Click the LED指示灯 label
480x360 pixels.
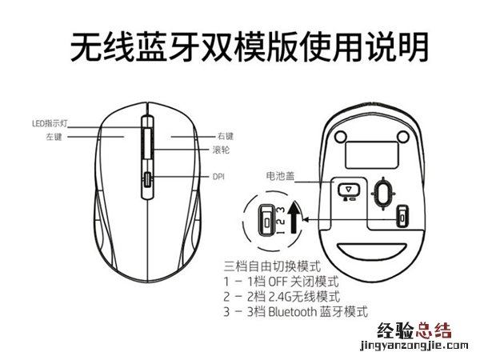50,123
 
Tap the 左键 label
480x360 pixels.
54,137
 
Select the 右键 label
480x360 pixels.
226,136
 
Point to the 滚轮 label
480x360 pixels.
221,150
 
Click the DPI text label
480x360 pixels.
218,177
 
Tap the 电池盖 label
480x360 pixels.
280,176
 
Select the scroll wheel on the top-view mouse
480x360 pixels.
147,143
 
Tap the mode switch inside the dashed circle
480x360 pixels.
266,221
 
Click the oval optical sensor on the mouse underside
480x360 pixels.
383,193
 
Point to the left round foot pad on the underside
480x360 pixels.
341,137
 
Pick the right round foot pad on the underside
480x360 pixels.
403,137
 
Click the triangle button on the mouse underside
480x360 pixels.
348,190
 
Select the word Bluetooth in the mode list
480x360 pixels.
292,312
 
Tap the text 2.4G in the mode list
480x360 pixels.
279,296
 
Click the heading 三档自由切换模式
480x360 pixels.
273,266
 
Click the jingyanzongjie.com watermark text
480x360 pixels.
414,346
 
